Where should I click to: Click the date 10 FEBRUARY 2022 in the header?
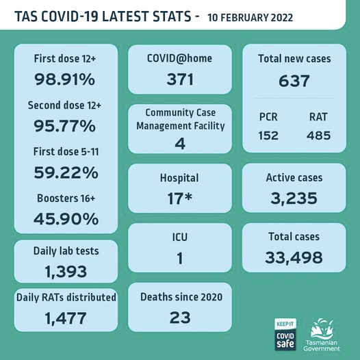pyautogui.click(x=250, y=18)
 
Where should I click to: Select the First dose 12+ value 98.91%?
pyautogui.click(x=64, y=79)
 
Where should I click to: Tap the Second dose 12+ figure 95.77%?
pyautogui.click(x=64, y=126)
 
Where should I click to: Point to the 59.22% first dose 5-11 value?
pyautogui.click(x=66, y=172)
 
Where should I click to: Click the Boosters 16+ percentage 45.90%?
pyautogui.click(x=66, y=219)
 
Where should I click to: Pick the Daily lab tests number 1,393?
pyautogui.click(x=66, y=272)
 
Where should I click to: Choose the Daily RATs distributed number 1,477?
pyautogui.click(x=66, y=318)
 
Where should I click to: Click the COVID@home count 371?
pyautogui.click(x=180, y=79)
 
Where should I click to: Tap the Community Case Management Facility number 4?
pyautogui.click(x=180, y=144)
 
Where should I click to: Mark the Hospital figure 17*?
pyautogui.click(x=179, y=198)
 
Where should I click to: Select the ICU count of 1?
pyautogui.click(x=180, y=258)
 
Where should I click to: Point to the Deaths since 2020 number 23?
pyautogui.click(x=180, y=318)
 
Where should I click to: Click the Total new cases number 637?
pyautogui.click(x=294, y=81)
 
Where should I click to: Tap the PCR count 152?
pyautogui.click(x=268, y=136)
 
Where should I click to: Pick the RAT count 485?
pyautogui.click(x=319, y=136)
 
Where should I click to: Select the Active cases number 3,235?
pyautogui.click(x=294, y=198)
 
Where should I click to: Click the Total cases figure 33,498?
pyautogui.click(x=294, y=257)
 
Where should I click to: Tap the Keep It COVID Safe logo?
pyautogui.click(x=285, y=334)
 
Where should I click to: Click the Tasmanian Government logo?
pyautogui.click(x=322, y=335)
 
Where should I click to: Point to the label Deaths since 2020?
pyautogui.click(x=181, y=297)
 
